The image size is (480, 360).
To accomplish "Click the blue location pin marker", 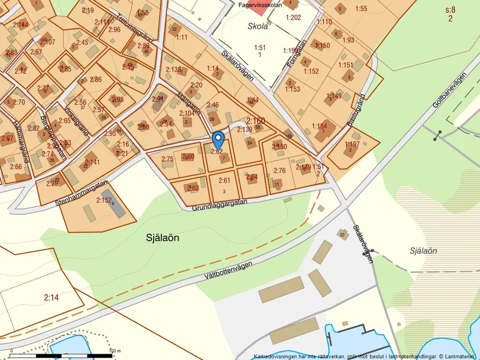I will (218, 140).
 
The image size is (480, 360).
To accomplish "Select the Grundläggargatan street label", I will (219, 202).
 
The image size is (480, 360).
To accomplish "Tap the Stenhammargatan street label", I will (83, 192).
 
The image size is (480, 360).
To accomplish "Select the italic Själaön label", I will (423, 251).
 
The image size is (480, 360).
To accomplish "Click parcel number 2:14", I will (51, 298).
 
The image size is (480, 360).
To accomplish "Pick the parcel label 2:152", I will (104, 201).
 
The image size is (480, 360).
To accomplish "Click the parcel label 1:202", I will (293, 17).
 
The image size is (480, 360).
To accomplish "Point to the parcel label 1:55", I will (361, 8).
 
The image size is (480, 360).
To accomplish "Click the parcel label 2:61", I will (225, 180).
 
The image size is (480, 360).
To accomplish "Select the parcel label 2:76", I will (280, 171).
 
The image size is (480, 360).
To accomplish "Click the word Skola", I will (258, 27).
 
